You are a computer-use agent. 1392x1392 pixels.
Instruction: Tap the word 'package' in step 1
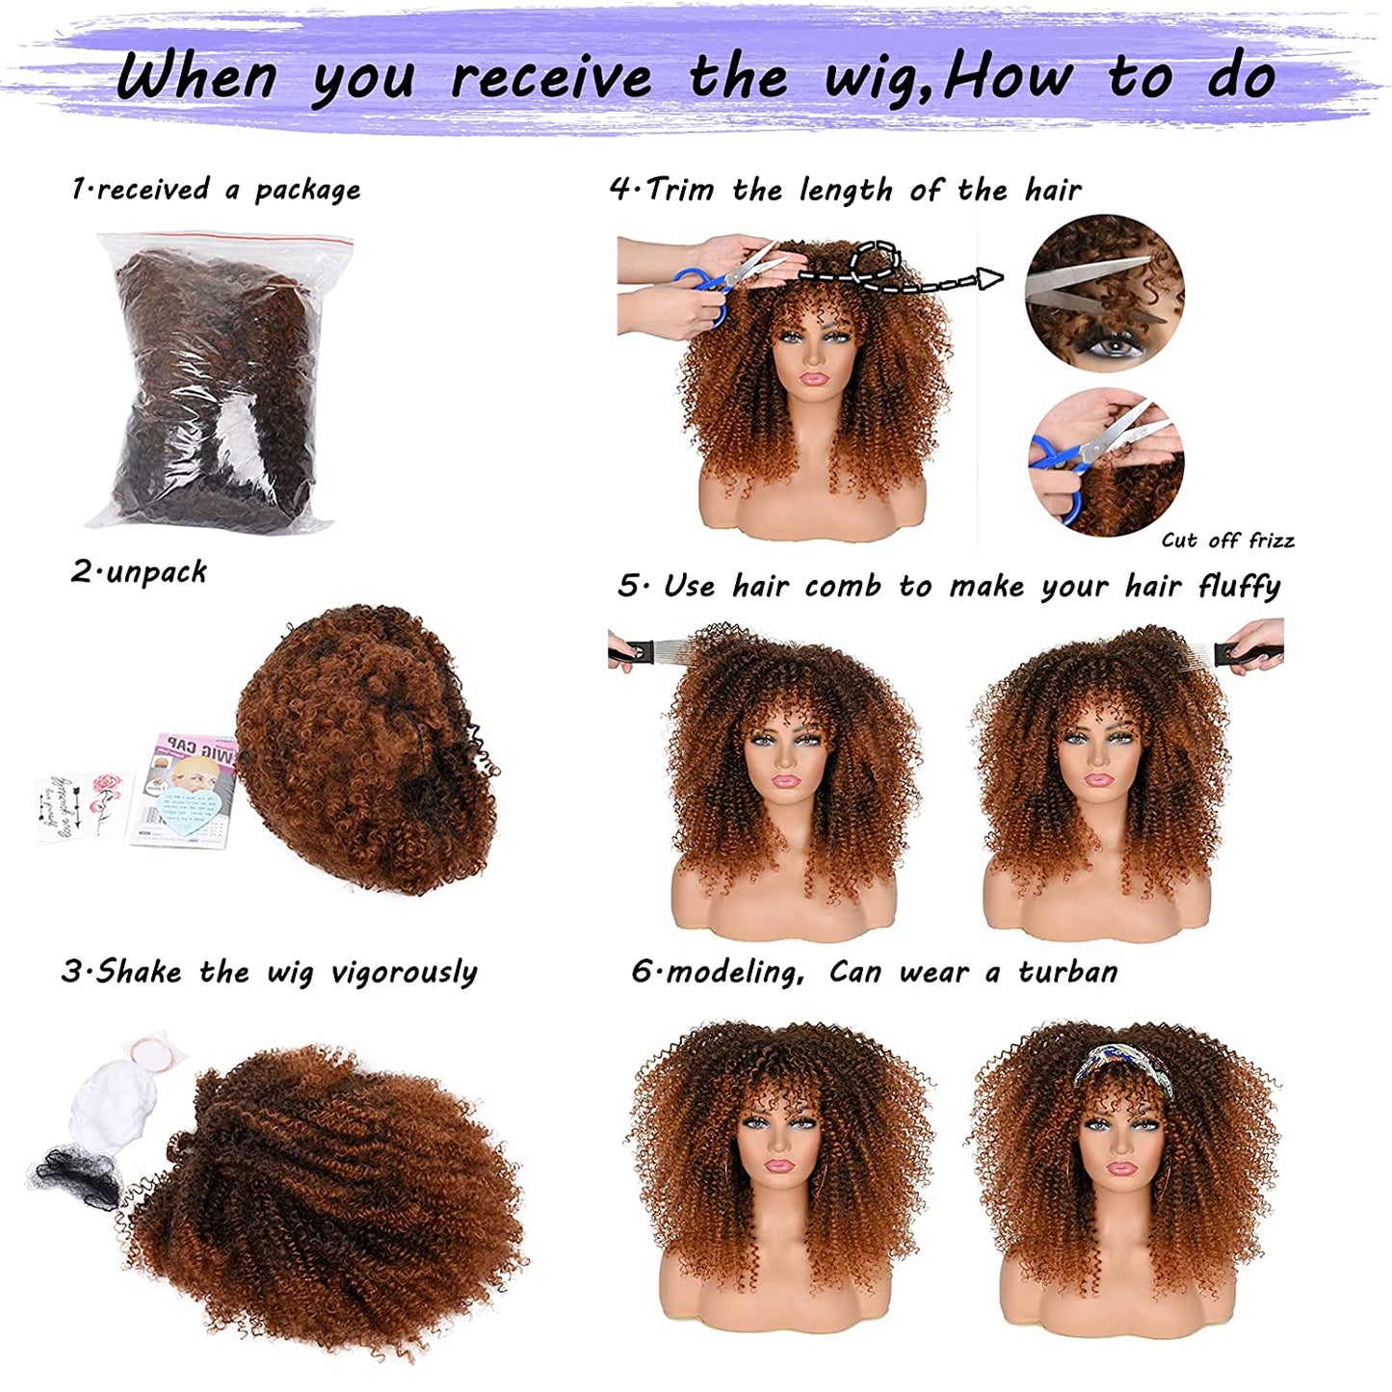(307, 191)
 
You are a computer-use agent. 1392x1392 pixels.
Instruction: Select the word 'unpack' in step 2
(156, 573)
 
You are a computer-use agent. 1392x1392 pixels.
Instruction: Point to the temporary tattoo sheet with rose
(85, 807)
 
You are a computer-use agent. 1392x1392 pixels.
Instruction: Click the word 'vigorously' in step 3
(404, 972)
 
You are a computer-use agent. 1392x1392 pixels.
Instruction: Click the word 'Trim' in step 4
(680, 189)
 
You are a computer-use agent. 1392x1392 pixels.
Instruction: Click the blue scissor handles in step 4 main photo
(699, 292)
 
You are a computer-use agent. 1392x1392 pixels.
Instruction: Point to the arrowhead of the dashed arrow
(990, 277)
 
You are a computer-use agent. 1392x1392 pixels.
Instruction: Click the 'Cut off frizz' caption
(1227, 539)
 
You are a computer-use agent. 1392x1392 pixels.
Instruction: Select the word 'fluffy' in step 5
(1239, 586)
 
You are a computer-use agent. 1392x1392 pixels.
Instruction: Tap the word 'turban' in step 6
(1067, 972)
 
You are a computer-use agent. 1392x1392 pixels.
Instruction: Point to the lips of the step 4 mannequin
(814, 378)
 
